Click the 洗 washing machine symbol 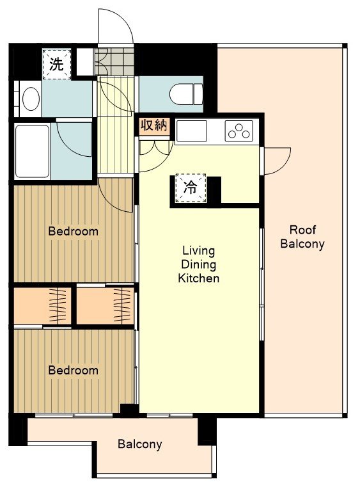click(56, 64)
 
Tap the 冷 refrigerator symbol click(190, 188)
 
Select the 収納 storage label click(154, 125)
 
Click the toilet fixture click(186, 94)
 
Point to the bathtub click(32, 151)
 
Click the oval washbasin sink click(31, 99)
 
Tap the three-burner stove click(239, 131)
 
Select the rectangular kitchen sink click(192, 131)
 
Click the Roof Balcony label click(302, 237)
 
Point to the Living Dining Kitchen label click(199, 264)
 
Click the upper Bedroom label click(74, 232)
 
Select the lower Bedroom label click(74, 370)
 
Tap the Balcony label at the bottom click(139, 444)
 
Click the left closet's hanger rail click(58, 306)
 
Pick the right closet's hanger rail click(122, 306)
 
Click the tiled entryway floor click(114, 61)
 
